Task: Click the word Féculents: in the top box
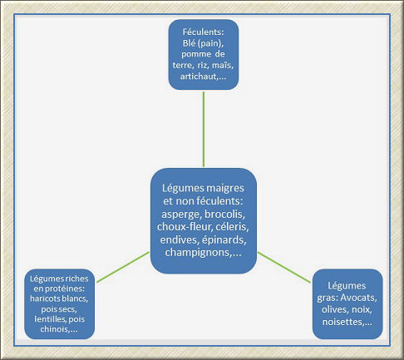pyautogui.click(x=203, y=32)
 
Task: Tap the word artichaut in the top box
pyautogui.click(x=198, y=76)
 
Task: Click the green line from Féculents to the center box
pyautogui.click(x=204, y=129)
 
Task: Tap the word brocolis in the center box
pyautogui.click(x=224, y=215)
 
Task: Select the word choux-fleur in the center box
pyautogui.click(x=184, y=227)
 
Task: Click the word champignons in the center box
pyautogui.click(x=199, y=253)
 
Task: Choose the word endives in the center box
pyautogui.click(x=180, y=239)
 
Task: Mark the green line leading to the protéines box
pyautogui.click(x=123, y=267)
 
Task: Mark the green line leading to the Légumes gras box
pyautogui.click(x=284, y=268)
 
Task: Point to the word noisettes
pyautogui.click(x=342, y=322)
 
